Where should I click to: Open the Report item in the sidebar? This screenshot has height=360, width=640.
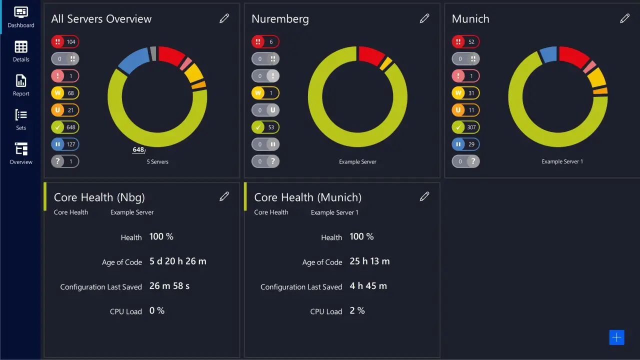pyautogui.click(x=21, y=81)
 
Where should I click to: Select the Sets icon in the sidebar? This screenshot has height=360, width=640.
pyautogui.click(x=21, y=115)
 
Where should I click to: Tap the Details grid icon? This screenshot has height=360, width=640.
pyautogui.click(x=21, y=47)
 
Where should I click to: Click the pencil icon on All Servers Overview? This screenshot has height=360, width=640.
pyautogui.click(x=224, y=18)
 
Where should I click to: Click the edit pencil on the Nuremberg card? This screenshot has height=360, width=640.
pyautogui.click(x=424, y=18)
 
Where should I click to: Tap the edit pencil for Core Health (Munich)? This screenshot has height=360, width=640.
pyautogui.click(x=424, y=196)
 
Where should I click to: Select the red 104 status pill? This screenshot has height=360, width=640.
pyautogui.click(x=65, y=42)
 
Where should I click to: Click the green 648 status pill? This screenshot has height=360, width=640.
pyautogui.click(x=65, y=127)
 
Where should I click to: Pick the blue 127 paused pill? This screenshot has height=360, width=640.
pyautogui.click(x=65, y=144)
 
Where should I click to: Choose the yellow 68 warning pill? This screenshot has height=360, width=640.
pyautogui.click(x=65, y=93)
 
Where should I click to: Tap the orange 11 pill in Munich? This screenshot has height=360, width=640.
pyautogui.click(x=465, y=110)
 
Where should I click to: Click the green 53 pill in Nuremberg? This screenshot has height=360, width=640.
pyautogui.click(x=265, y=127)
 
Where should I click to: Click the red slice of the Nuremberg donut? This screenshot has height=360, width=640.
pyautogui.click(x=370, y=55)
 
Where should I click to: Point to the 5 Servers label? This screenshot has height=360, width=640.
pyautogui.click(x=157, y=162)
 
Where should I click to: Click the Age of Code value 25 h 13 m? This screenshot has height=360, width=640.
pyautogui.click(x=369, y=261)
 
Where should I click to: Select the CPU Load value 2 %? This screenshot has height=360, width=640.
pyautogui.click(x=357, y=311)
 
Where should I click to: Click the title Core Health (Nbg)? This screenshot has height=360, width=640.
pyautogui.click(x=99, y=197)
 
